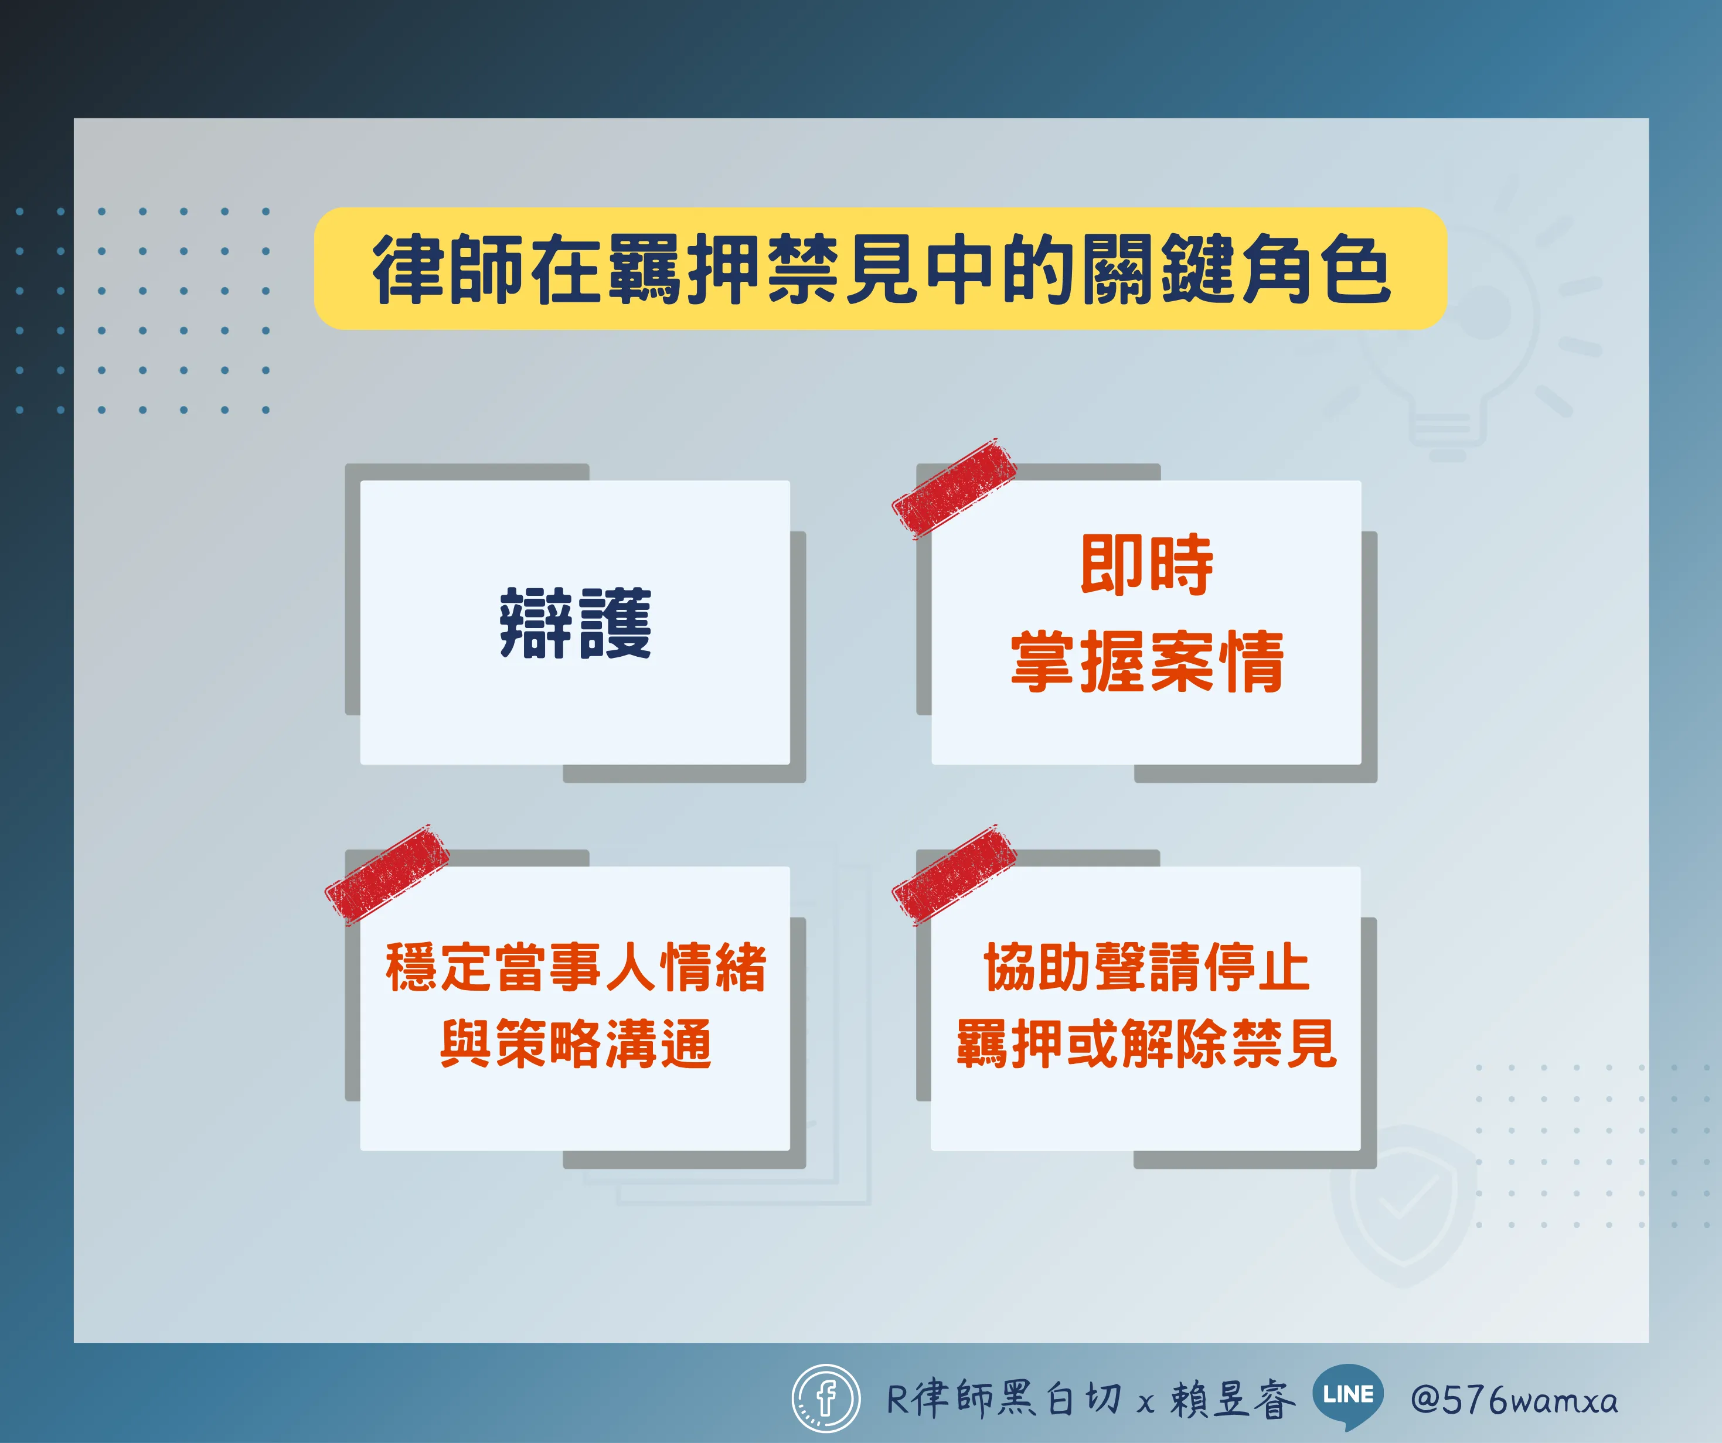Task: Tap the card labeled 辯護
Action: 575,622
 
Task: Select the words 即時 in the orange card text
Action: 1146,564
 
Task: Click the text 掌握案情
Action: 1146,661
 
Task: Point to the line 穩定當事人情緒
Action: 576,967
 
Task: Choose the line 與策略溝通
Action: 576,1043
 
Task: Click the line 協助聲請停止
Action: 1146,967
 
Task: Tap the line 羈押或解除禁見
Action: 1146,1043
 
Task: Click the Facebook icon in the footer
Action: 826,1398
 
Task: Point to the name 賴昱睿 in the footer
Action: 1233,1398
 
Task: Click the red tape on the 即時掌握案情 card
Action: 954,489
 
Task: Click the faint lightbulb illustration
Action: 1468,328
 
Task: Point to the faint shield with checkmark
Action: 1404,1205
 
